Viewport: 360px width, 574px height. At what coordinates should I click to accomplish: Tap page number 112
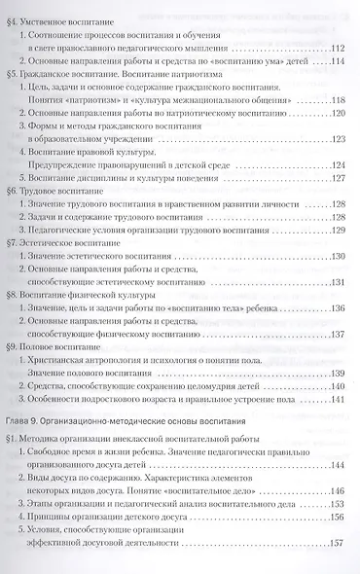(338, 50)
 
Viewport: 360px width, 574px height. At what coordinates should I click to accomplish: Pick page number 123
(338, 168)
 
